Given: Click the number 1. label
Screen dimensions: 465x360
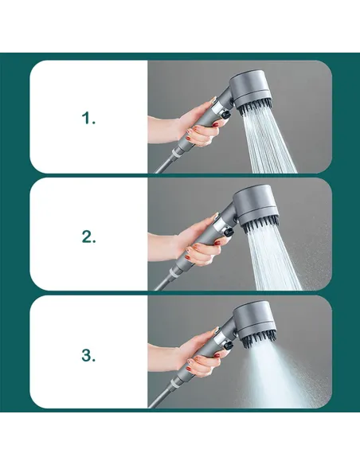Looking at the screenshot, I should [88, 118].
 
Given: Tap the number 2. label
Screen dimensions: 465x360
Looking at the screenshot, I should [88, 236].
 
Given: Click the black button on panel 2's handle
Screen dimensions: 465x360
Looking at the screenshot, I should [228, 232].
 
